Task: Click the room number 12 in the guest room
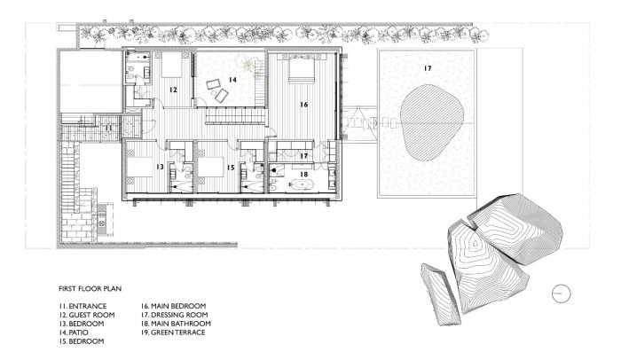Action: click(173, 90)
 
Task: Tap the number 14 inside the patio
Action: click(232, 80)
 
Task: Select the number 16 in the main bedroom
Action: click(303, 105)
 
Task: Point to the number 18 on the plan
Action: click(303, 175)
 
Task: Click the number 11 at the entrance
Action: click(108, 129)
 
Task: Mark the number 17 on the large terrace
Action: click(428, 68)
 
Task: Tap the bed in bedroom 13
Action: click(139, 167)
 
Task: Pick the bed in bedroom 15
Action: click(211, 167)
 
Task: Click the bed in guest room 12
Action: click(171, 65)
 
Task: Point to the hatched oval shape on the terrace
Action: click(432, 122)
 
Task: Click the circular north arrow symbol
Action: click(562, 293)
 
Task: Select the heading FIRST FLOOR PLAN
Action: click(90, 289)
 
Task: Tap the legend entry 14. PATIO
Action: click(74, 333)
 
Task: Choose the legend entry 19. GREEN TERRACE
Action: click(173, 333)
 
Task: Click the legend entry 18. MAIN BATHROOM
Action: click(176, 324)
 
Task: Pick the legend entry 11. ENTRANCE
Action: click(83, 306)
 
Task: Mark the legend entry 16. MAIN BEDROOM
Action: click(174, 306)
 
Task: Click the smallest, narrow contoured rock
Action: click(440, 294)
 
